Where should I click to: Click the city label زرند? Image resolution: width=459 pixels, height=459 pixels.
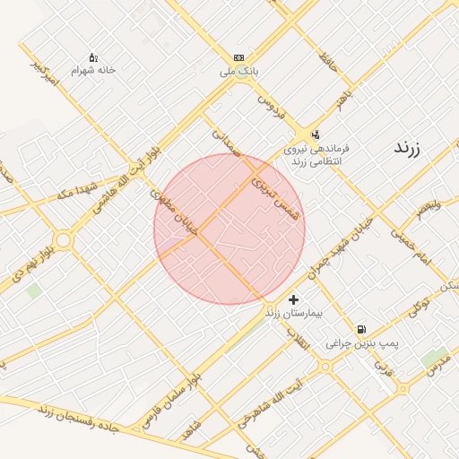click(413, 148)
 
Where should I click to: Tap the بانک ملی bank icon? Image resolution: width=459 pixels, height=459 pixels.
click(238, 56)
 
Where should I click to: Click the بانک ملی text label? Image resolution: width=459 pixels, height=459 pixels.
click(240, 70)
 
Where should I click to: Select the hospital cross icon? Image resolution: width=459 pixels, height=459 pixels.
click(293, 299)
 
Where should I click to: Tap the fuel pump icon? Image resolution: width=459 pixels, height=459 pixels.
click(361, 329)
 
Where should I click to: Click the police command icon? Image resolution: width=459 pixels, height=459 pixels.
click(315, 134)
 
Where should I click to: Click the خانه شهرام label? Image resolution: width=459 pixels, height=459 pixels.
click(94, 70)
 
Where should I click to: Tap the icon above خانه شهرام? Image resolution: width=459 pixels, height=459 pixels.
click(94, 57)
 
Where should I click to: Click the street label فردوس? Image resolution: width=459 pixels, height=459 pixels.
click(270, 105)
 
